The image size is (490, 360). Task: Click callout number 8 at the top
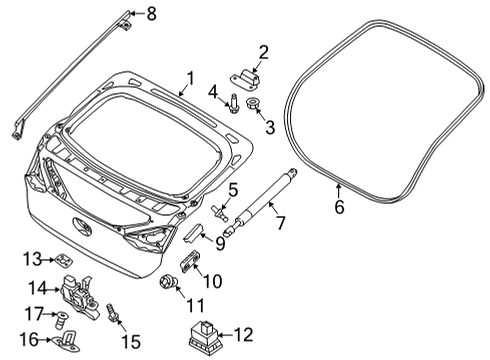click(152, 13)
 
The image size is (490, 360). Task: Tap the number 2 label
click(263, 52)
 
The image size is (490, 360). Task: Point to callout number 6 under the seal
click(338, 208)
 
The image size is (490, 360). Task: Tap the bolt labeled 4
click(232, 101)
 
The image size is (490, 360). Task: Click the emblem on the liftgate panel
click(83, 227)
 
